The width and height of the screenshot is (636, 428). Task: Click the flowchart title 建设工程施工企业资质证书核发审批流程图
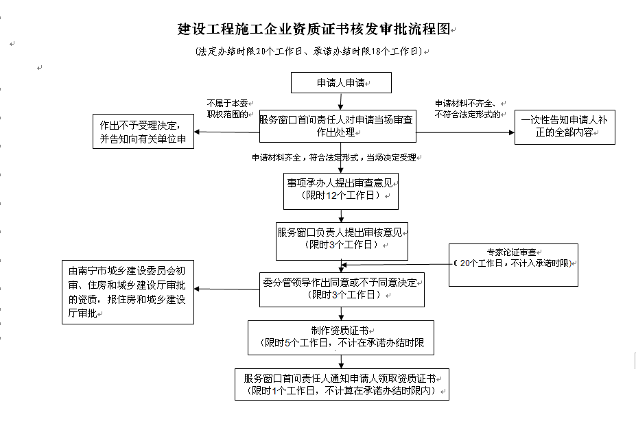click(x=314, y=29)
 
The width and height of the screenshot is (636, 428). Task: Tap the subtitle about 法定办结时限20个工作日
click(x=309, y=51)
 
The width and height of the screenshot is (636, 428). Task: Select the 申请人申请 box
click(x=341, y=83)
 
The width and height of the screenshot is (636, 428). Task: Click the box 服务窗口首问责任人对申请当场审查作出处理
click(x=338, y=126)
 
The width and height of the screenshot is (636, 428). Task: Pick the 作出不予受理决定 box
click(x=143, y=132)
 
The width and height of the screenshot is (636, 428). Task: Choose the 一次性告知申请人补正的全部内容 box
click(x=565, y=127)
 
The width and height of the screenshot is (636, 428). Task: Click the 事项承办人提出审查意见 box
click(x=341, y=191)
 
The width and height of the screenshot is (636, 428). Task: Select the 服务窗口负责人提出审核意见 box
click(x=342, y=241)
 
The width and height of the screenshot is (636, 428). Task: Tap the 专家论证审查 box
click(x=513, y=265)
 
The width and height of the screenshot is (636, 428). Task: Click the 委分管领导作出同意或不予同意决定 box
click(x=342, y=289)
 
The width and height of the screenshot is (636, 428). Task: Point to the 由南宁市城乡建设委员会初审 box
click(x=128, y=292)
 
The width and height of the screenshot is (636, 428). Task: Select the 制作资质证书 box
click(x=341, y=338)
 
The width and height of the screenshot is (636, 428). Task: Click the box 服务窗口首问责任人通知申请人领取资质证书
click(x=342, y=384)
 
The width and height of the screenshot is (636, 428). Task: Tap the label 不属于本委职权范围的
click(x=228, y=109)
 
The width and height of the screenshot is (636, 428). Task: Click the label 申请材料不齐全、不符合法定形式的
click(x=468, y=109)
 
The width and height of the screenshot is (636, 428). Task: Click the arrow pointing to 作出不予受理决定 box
click(x=226, y=132)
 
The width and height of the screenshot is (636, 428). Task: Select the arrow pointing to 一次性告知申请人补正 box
click(x=465, y=132)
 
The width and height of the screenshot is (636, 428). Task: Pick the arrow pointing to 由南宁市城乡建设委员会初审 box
click(x=226, y=289)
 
